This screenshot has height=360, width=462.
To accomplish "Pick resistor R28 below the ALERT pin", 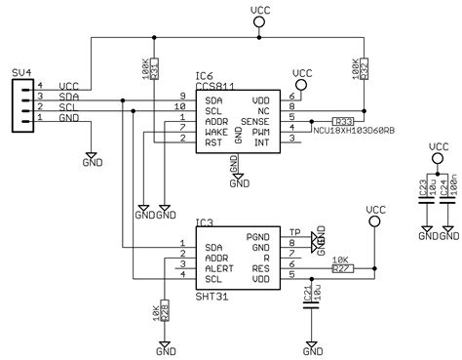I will click(164, 311).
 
